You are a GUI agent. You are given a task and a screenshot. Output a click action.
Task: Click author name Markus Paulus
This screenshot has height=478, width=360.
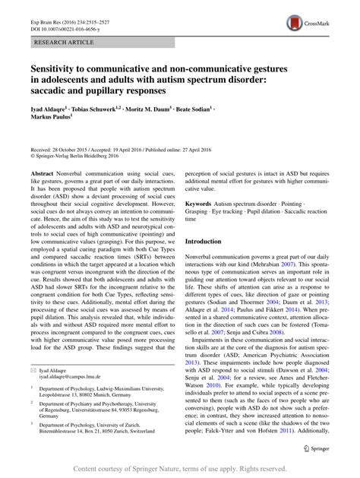(52, 119)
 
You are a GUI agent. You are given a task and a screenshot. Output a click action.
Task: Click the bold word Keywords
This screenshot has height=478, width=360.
(201, 204)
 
